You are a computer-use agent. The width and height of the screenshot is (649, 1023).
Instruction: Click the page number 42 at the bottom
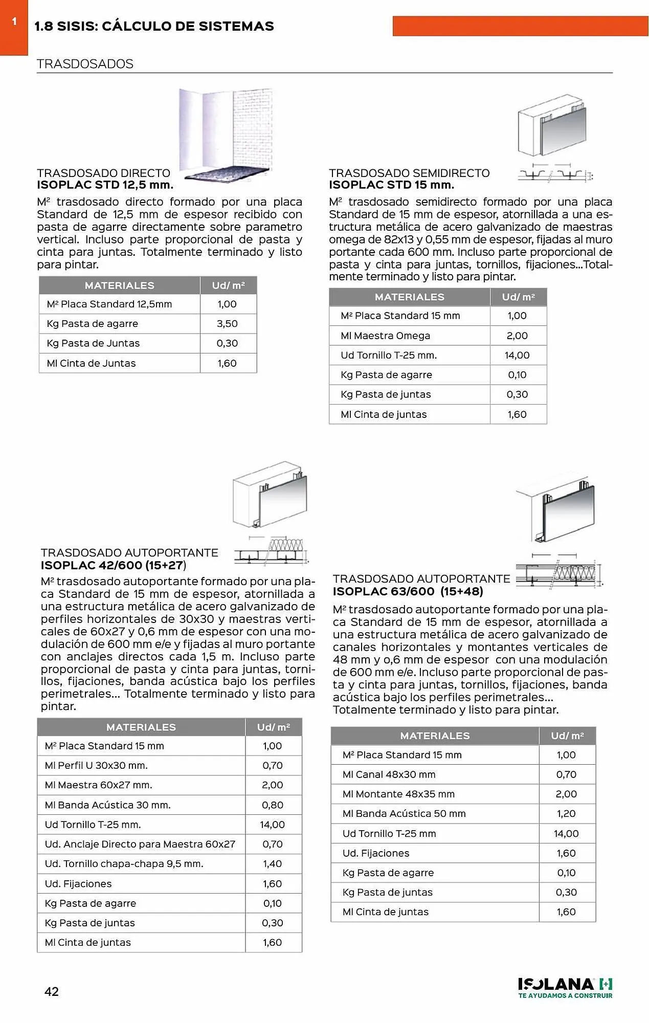click(52, 991)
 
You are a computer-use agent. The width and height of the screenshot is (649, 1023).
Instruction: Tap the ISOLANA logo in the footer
click(565, 987)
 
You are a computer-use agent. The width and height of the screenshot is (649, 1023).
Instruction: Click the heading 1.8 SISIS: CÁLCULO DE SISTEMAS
click(154, 26)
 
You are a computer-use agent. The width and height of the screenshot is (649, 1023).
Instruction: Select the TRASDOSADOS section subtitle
click(85, 64)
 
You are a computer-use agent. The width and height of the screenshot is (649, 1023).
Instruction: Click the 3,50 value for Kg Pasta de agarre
click(227, 323)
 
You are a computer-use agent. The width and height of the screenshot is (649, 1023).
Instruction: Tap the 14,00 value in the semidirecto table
click(517, 355)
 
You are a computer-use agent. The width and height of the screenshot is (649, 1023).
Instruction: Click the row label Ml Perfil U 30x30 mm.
click(96, 765)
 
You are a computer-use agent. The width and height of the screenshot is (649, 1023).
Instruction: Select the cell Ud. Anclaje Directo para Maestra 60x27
click(140, 844)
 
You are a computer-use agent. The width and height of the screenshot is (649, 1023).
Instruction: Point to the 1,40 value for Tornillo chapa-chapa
click(272, 863)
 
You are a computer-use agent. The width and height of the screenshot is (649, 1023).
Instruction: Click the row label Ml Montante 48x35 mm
click(398, 794)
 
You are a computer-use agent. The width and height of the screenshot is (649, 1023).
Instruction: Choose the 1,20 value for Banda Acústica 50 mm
click(566, 813)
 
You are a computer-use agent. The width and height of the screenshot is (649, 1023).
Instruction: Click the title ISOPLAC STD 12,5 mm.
click(105, 185)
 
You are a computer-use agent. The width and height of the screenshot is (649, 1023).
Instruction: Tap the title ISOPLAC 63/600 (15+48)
click(408, 591)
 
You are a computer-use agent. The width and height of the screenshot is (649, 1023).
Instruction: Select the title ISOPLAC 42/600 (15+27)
click(113, 565)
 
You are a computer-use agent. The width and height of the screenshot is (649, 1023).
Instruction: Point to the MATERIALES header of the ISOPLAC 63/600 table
click(435, 736)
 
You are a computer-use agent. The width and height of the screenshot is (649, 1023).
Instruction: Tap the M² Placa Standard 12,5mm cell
click(109, 304)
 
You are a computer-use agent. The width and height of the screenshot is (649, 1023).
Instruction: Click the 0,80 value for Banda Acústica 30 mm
click(272, 805)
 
